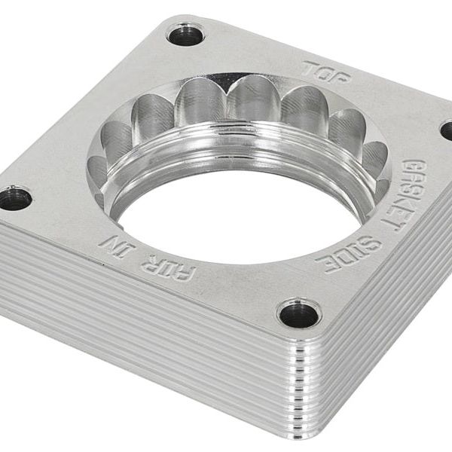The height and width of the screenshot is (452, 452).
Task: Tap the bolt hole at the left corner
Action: [14, 199]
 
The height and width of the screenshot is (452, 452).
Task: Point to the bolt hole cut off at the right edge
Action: [447, 130]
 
